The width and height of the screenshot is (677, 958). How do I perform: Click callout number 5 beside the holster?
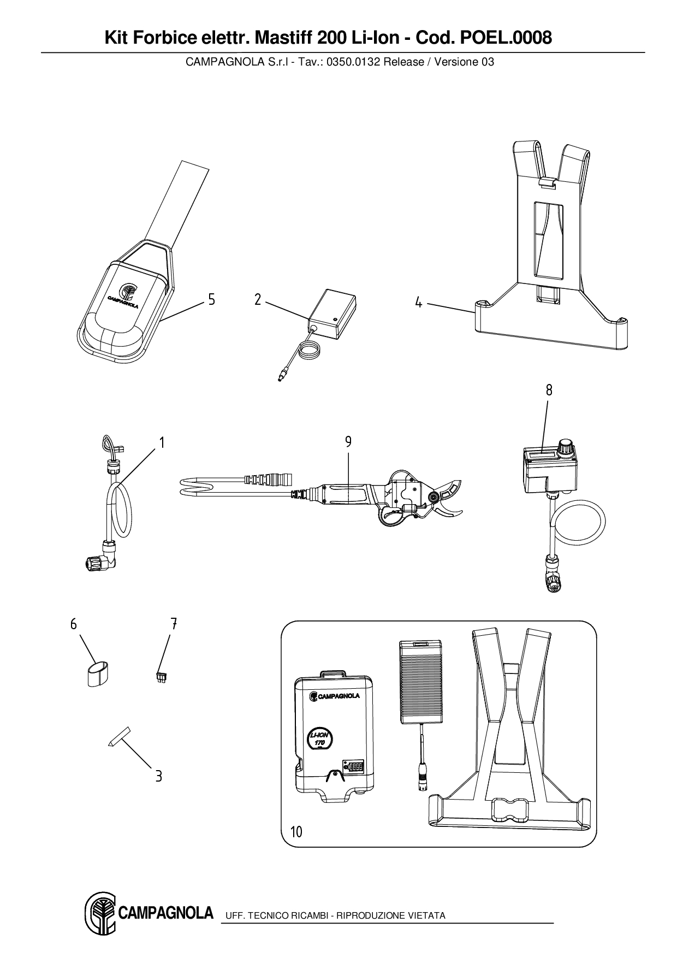click(211, 299)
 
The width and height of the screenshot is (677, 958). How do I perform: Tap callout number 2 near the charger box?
click(258, 299)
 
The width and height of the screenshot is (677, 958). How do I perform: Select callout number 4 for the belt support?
click(418, 302)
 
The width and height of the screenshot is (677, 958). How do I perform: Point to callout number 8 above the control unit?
click(549, 390)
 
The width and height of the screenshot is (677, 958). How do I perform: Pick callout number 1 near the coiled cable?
click(162, 442)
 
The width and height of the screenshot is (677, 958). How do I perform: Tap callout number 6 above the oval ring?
click(74, 624)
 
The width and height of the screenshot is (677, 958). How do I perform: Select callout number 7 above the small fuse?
click(174, 623)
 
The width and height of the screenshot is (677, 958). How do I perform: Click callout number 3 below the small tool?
click(158, 776)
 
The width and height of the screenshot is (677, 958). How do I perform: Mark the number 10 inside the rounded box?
click(296, 832)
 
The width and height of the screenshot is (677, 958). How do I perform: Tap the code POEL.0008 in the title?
click(506, 38)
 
